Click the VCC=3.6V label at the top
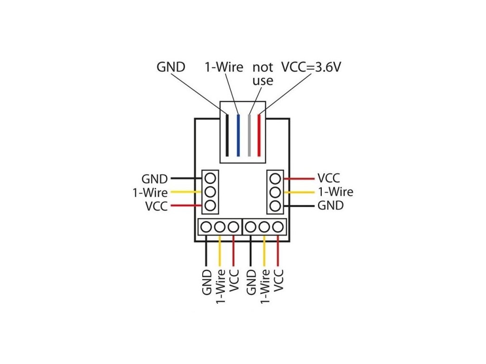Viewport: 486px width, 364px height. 311,67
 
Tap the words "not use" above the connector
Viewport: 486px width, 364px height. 263,74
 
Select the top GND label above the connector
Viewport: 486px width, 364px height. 171,67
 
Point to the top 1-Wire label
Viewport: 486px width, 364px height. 224,67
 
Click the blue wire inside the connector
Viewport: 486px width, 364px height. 238,135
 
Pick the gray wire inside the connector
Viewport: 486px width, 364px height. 249,135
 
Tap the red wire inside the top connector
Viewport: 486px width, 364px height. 259,135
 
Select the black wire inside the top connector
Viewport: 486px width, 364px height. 227,135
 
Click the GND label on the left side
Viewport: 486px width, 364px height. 154,179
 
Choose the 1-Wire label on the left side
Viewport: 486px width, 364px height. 150,192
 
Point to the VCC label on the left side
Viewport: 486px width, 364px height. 156,206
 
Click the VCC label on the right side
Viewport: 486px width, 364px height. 329,178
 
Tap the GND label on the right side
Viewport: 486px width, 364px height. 331,205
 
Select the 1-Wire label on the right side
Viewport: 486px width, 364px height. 336,192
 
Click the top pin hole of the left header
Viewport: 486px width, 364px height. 210,179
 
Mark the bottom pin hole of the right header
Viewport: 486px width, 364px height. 275,206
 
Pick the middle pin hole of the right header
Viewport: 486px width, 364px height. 275,192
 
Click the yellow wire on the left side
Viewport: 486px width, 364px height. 187,192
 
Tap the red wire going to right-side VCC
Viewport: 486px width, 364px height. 299,179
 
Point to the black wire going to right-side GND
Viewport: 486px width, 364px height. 299,206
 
